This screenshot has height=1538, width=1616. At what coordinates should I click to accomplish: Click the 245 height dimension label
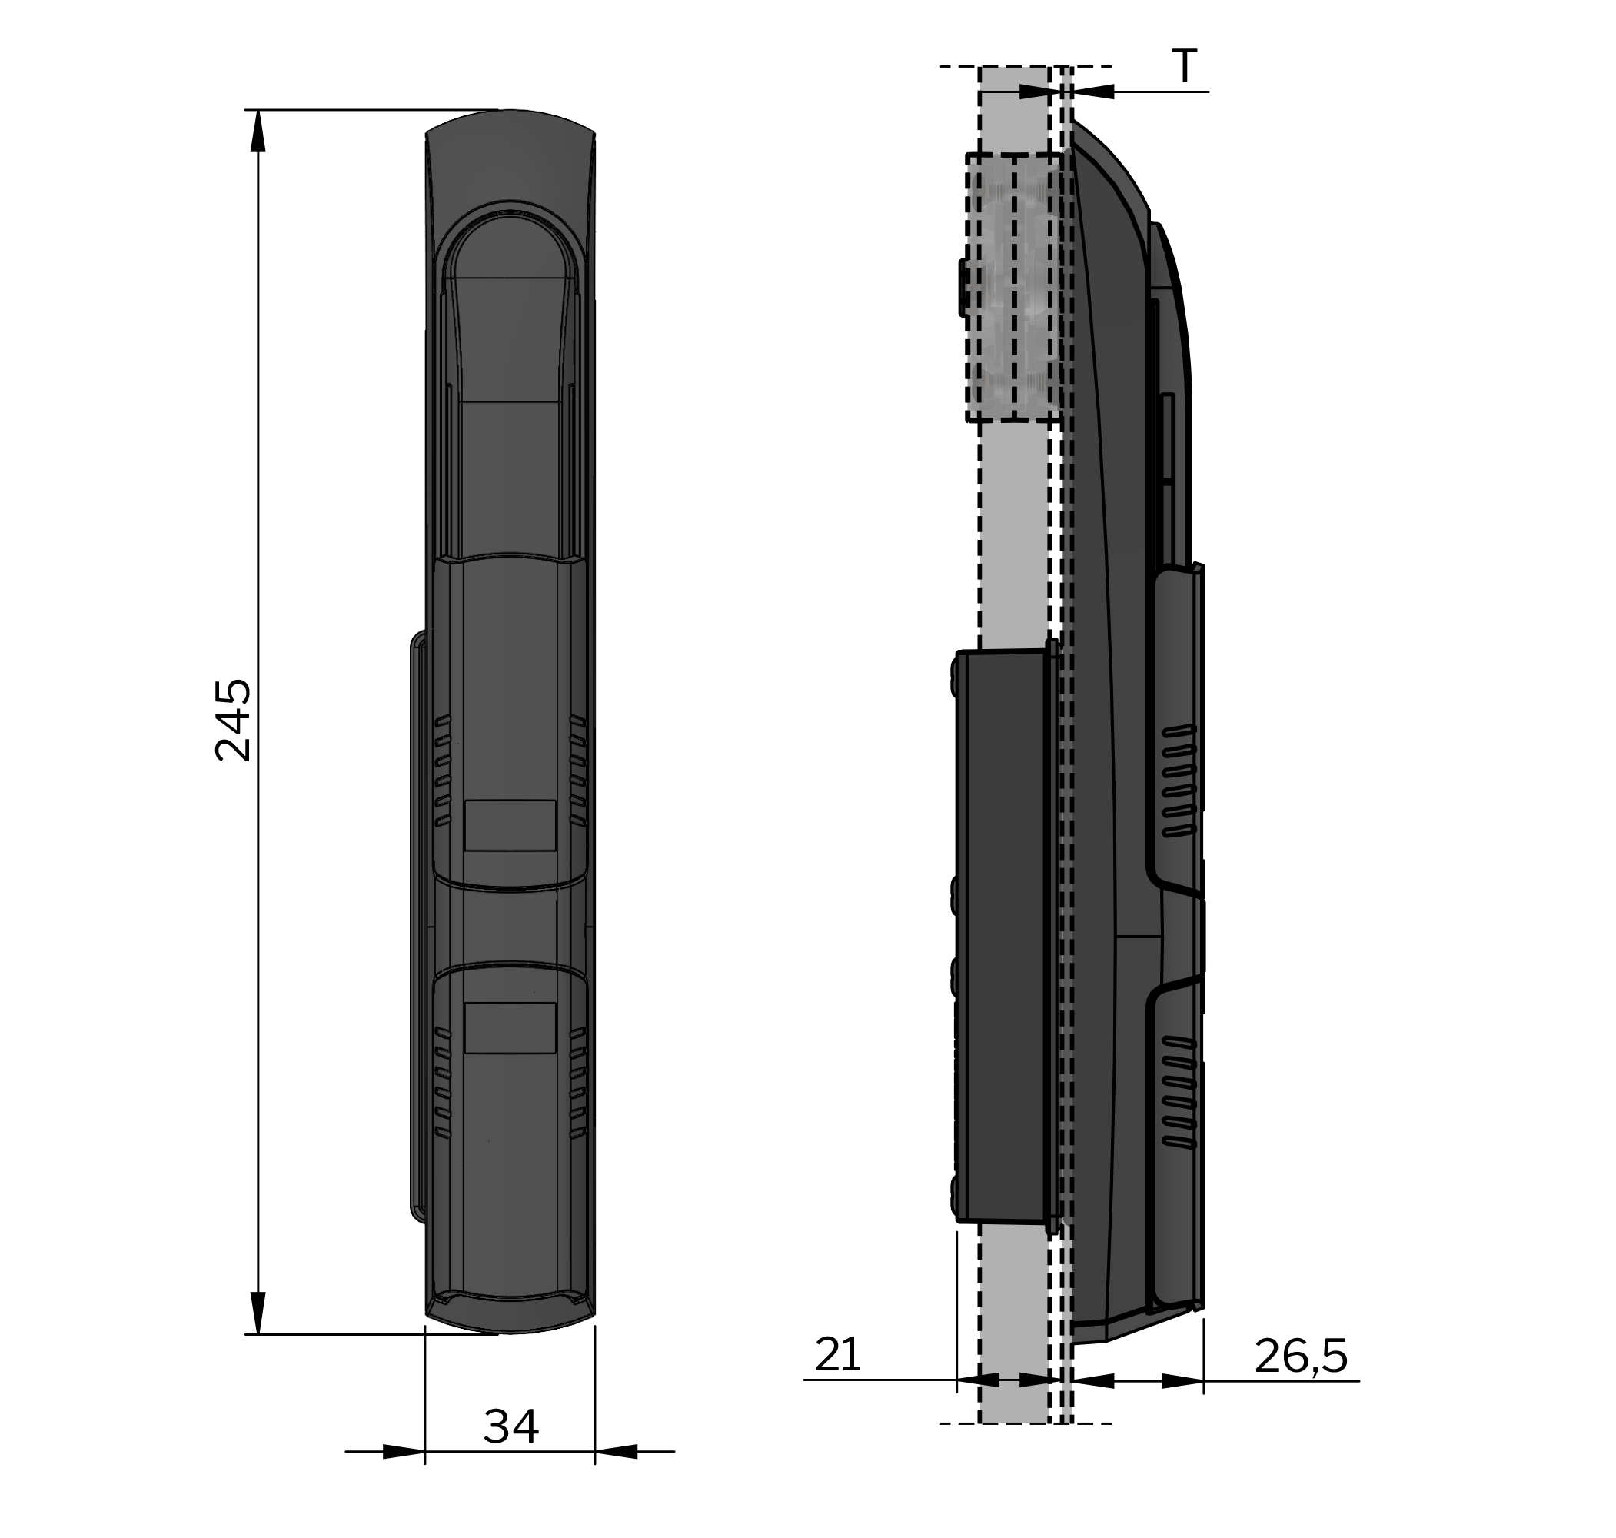(233, 720)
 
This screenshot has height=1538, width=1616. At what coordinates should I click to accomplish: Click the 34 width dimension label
(510, 1427)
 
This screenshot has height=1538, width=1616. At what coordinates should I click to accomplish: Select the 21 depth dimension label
(836, 1355)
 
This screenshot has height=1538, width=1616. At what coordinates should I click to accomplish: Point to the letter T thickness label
(1183, 67)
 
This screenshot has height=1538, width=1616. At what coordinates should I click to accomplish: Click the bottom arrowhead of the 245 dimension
(258, 1313)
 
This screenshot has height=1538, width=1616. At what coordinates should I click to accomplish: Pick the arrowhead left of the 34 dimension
(403, 1452)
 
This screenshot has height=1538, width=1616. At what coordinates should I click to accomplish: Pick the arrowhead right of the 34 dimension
(617, 1452)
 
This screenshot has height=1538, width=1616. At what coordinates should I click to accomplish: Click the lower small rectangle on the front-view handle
(510, 1027)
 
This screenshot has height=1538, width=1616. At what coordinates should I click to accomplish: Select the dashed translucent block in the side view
(1015, 287)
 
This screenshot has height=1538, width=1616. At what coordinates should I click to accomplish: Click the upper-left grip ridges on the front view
(443, 771)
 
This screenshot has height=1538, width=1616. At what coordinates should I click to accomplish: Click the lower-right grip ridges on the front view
(577, 1082)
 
